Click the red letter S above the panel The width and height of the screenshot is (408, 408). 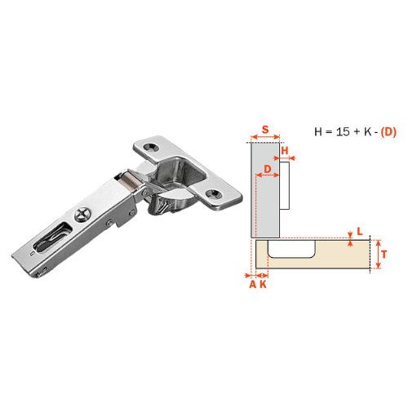coord(265,129)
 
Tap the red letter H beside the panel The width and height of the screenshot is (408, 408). coord(285,150)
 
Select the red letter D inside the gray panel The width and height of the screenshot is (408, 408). coord(268,169)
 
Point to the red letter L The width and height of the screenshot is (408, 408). coord(360,232)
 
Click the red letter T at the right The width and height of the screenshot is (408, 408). coord(384,255)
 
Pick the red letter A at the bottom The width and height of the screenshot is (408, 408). coord(253,284)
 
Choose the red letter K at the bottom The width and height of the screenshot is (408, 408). coord(263,284)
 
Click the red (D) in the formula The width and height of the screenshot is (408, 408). coord(388,132)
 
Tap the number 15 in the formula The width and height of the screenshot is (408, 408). coord(343,132)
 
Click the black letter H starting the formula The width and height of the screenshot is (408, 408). coord(318,132)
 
